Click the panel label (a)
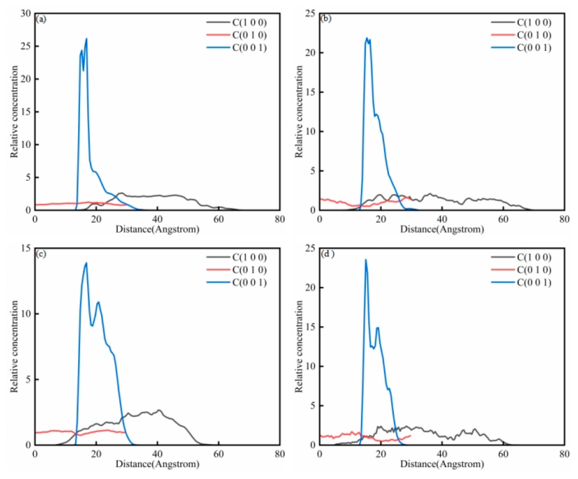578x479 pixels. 41,19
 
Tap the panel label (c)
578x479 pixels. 41,254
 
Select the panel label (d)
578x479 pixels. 327,254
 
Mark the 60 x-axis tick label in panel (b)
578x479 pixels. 503,220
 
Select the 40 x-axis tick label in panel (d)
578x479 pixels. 442,454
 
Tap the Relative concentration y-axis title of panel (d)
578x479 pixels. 299,346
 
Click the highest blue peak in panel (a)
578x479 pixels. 86,39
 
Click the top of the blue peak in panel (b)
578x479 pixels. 367,38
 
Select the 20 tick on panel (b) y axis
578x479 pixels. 310,53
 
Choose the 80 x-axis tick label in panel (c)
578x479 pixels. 280,454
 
